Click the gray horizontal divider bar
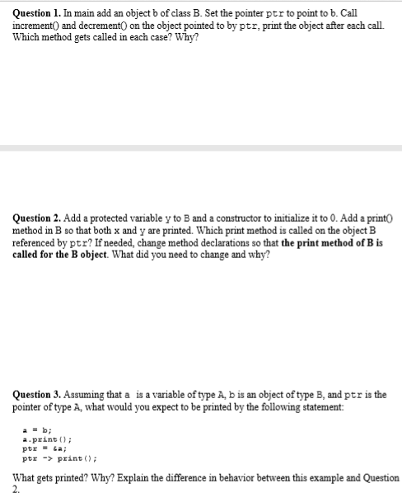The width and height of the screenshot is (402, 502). pyautogui.click(x=201, y=148)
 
